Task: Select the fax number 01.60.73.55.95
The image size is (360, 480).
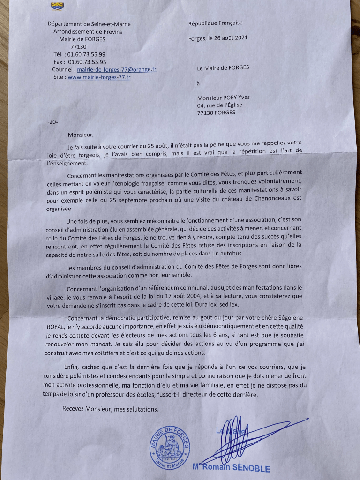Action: (x=87, y=62)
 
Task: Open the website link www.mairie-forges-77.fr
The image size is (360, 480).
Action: (x=99, y=77)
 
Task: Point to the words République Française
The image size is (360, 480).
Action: (x=216, y=22)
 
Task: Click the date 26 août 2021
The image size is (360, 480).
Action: (x=231, y=38)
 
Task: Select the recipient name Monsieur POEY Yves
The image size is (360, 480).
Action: (x=224, y=97)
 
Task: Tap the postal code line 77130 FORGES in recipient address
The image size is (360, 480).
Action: (x=217, y=112)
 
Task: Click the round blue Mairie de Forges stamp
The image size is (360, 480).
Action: (x=170, y=446)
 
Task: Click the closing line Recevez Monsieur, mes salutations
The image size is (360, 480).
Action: (x=111, y=408)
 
